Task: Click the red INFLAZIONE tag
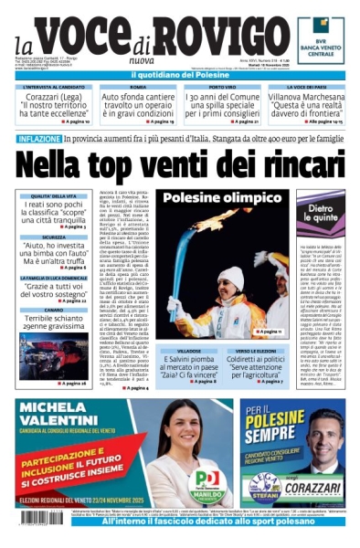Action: pos(39,138)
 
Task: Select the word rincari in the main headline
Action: pos(291,167)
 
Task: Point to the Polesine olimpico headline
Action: pos(218,198)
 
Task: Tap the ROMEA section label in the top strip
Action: pos(137,87)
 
